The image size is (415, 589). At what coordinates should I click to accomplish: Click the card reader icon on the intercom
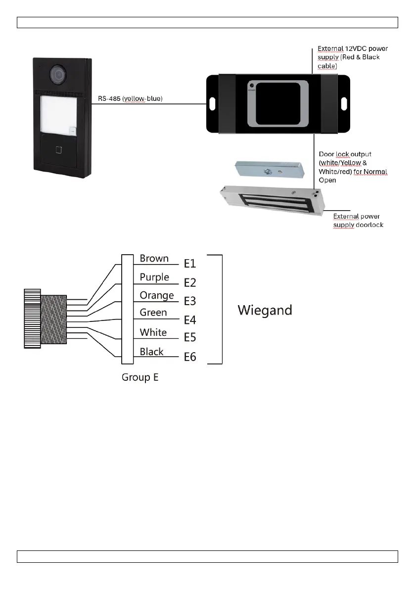(59, 149)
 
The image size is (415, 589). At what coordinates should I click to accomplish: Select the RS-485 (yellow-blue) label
(130, 99)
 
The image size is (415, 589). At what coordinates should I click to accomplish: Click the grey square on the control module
(277, 103)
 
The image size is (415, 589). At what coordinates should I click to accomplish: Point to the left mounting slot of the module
(212, 104)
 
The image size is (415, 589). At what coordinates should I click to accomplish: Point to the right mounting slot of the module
(344, 104)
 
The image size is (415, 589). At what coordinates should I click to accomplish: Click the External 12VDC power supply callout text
(353, 57)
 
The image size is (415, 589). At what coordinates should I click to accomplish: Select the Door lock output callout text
(353, 167)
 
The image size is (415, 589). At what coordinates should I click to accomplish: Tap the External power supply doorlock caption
(358, 221)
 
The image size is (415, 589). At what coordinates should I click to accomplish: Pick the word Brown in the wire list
(154, 259)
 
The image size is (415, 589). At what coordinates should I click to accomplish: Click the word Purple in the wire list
(154, 277)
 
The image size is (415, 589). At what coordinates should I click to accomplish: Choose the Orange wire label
(157, 296)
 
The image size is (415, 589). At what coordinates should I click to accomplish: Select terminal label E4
(190, 320)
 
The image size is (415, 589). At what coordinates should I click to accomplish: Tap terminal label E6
(190, 357)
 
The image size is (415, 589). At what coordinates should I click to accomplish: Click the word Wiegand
(265, 310)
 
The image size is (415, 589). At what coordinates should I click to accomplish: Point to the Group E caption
(140, 377)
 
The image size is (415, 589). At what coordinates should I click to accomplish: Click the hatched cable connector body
(54, 319)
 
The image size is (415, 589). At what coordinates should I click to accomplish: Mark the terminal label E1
(190, 264)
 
